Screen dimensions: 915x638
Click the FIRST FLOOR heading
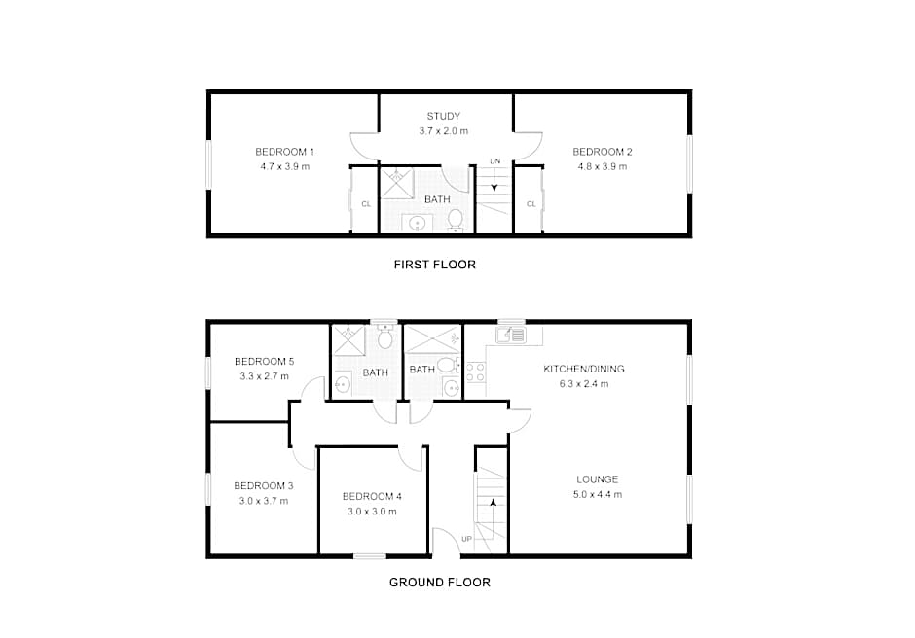point(435,265)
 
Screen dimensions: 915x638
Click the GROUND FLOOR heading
point(439,582)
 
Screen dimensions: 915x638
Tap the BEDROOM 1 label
point(285,152)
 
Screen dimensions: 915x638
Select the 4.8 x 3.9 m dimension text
point(603,166)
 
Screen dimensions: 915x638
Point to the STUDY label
point(444,116)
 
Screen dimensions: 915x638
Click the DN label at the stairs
point(494,160)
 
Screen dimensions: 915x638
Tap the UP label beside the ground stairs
point(466,539)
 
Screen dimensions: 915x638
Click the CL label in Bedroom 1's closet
point(366,204)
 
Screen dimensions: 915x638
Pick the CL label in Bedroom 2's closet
point(531,204)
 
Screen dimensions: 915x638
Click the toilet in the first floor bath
point(456,221)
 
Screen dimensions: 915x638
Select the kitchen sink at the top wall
point(511,335)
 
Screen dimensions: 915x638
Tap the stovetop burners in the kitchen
point(476,372)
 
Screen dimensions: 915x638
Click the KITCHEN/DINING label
point(583,369)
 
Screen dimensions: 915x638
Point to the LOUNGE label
point(597,479)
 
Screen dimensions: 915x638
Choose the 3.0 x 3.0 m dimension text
point(372,512)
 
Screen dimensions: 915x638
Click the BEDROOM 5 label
point(265,362)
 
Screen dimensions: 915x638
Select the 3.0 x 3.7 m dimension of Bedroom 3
point(263,501)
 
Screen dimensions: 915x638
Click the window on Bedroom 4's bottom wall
point(369,556)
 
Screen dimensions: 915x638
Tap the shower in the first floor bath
point(397,184)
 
